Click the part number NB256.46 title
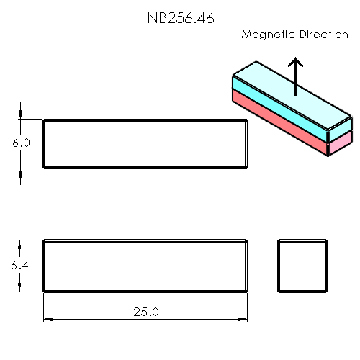point(180,18)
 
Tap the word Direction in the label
point(322,34)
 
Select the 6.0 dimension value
point(21,143)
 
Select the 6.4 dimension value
point(21,266)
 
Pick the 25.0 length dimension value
point(145,311)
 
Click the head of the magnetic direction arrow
point(294,63)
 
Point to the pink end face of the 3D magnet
point(340,146)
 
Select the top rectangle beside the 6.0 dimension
point(145,144)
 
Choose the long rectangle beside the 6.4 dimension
point(145,266)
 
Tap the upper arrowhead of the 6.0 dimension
point(21,115)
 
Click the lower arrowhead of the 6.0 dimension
point(21,172)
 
